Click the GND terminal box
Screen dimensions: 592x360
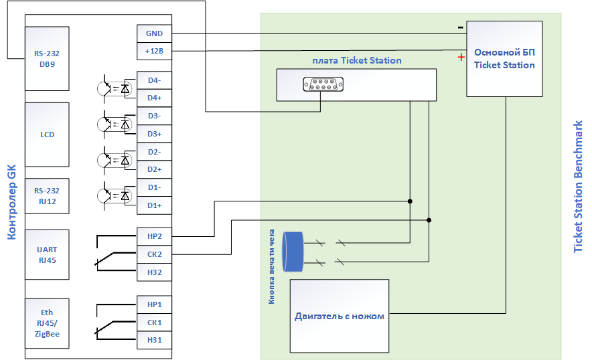[x=154, y=33]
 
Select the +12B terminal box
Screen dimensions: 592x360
[x=154, y=51]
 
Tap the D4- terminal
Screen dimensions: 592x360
[x=154, y=80]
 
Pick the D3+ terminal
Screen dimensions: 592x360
[x=154, y=134]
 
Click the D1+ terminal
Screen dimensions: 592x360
[x=154, y=205]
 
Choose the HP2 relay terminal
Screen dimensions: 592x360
[x=154, y=237]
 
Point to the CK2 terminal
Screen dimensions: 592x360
[x=154, y=254]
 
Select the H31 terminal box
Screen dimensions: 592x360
[x=154, y=341]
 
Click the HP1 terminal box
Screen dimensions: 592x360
[x=154, y=304]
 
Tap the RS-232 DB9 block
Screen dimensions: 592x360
[x=47, y=58]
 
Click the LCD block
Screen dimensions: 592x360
[x=47, y=134]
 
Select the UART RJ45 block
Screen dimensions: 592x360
[x=47, y=255]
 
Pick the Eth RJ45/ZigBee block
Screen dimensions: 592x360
[x=47, y=323]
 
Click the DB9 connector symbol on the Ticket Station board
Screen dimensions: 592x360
[x=323, y=84]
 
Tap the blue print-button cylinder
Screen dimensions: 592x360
[x=293, y=252]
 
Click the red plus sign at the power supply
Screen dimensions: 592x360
[x=461, y=57]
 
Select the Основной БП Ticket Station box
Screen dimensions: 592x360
[x=504, y=59]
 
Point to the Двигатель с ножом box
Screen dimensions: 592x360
[x=340, y=317]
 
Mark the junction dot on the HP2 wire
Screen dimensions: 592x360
[x=410, y=201]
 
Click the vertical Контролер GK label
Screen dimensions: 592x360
[x=11, y=202]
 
